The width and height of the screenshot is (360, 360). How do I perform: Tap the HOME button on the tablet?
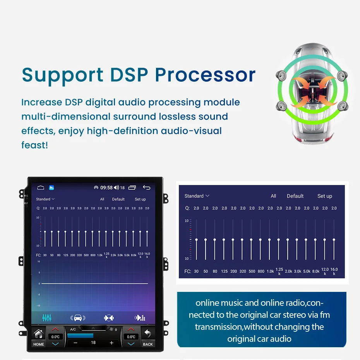tap(39, 337)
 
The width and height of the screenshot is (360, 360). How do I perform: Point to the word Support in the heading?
tap(63, 75)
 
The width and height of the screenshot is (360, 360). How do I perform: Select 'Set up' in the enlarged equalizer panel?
tap(324, 196)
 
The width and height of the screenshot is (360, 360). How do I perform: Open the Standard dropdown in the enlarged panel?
tap(197, 196)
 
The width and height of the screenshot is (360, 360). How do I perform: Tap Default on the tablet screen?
tap(118, 199)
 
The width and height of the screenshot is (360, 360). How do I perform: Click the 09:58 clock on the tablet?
tap(106, 188)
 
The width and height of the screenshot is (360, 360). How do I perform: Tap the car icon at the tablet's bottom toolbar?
tap(78, 318)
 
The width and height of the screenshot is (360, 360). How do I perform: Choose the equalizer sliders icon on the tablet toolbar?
tap(47, 318)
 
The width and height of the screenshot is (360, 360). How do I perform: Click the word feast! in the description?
tap(34, 146)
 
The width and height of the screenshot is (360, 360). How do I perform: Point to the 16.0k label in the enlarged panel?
tap(334, 271)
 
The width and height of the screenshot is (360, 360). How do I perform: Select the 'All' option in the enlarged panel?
tap(273, 196)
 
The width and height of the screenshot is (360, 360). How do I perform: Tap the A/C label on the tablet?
tap(73, 329)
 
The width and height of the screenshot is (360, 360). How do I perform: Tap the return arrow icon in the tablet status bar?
tap(146, 188)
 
